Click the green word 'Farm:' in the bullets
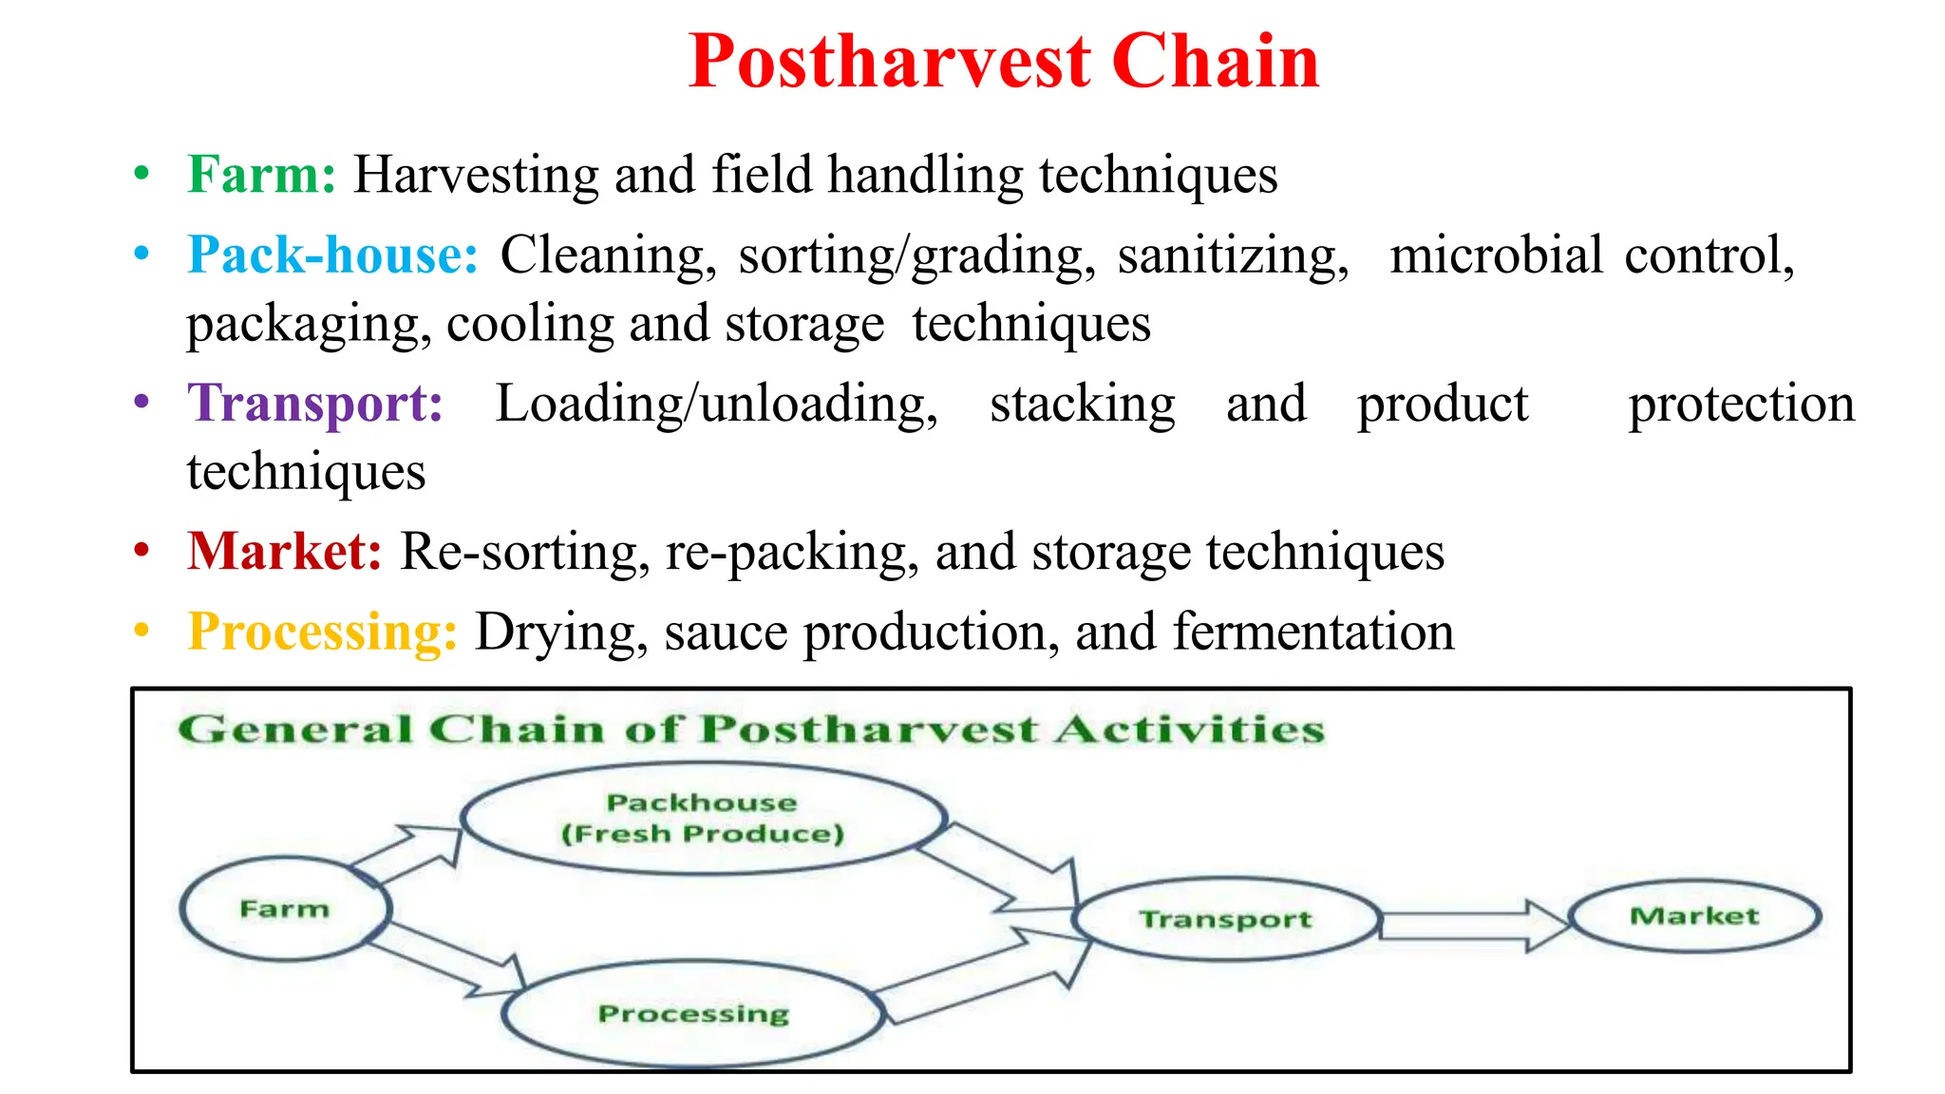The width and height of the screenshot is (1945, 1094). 261,175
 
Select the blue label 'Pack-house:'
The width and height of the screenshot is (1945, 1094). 332,255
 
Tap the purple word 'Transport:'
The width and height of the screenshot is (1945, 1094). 315,403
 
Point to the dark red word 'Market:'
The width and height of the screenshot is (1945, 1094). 284,551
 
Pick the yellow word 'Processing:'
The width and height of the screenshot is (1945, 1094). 322,632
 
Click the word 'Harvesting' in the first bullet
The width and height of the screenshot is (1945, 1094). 476,175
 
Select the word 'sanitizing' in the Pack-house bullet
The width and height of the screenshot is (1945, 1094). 1232,256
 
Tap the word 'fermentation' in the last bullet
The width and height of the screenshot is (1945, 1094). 1312,632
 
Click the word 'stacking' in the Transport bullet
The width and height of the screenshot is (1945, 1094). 1082,405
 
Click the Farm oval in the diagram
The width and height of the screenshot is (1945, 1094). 285,909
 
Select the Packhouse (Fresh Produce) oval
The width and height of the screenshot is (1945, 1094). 703,818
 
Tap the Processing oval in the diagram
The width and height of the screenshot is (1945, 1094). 693,1013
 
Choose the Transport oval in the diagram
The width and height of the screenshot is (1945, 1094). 1225,918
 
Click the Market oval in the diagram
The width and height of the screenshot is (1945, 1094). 1694,915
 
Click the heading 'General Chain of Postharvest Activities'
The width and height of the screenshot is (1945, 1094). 750,729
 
